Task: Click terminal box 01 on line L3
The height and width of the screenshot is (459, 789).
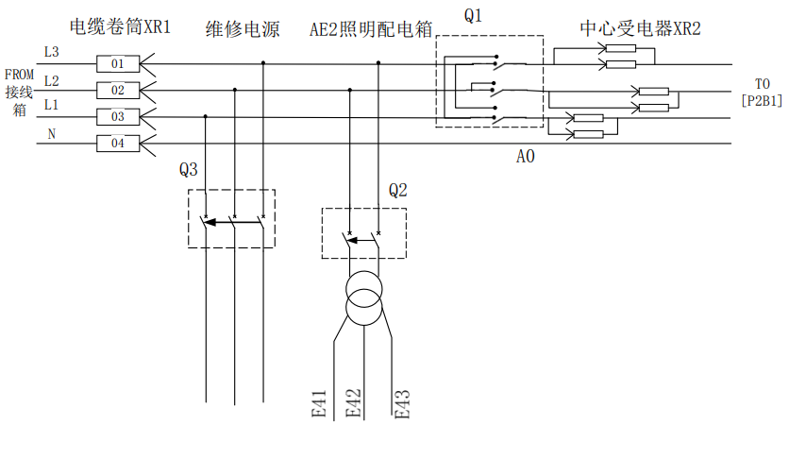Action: click(118, 64)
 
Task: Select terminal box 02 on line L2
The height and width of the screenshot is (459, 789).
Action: click(118, 91)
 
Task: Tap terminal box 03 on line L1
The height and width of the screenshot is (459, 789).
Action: click(118, 117)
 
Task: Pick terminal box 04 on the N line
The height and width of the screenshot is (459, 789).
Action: click(118, 144)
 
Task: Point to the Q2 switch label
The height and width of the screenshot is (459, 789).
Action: click(397, 190)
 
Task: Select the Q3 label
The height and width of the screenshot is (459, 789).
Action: click(189, 170)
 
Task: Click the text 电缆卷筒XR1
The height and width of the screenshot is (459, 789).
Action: click(121, 26)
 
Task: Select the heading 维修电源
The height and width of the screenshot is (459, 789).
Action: click(243, 28)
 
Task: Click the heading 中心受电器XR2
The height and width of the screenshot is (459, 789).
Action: click(640, 27)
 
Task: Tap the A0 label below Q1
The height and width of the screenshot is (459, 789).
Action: click(526, 157)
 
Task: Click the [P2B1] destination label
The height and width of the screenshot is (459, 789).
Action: click(761, 99)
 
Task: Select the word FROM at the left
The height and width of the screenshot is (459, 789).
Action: click(19, 75)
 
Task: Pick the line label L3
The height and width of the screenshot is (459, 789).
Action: click(51, 51)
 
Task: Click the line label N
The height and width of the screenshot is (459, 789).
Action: click(51, 134)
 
